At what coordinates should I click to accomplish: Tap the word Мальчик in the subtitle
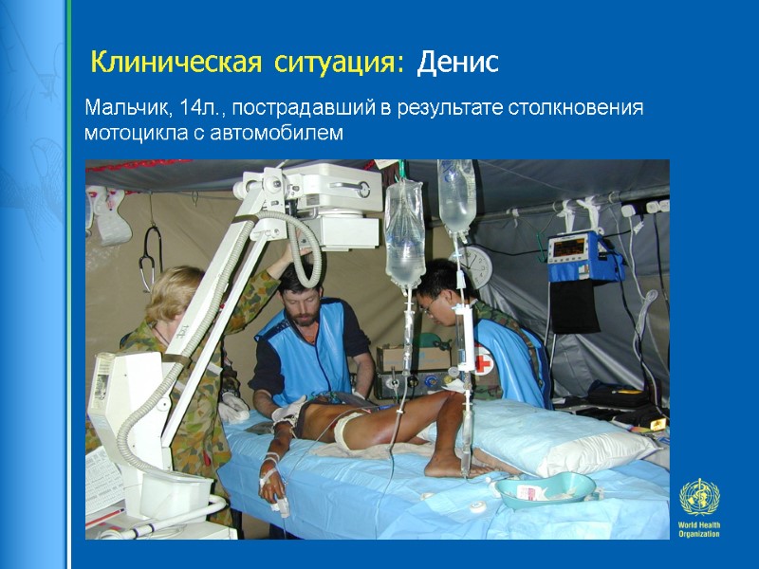(x=124, y=107)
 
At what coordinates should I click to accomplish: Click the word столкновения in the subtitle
(x=579, y=107)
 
